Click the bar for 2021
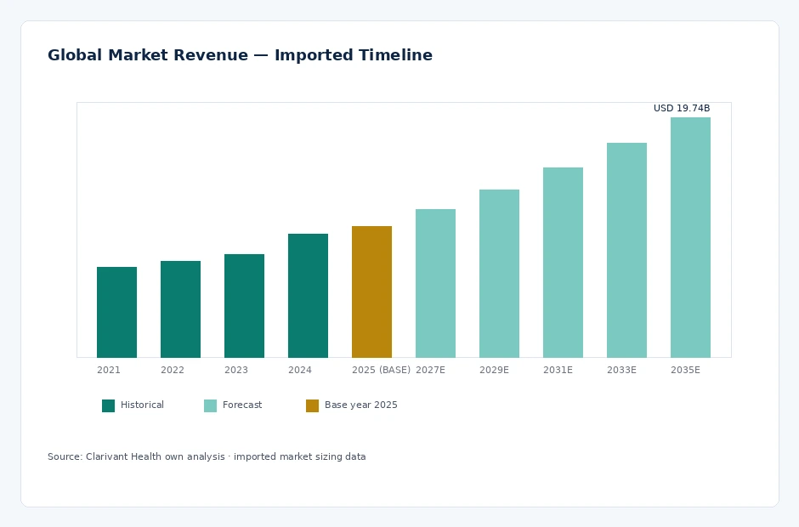(x=116, y=312)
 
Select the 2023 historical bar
(x=244, y=306)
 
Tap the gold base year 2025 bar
(x=372, y=292)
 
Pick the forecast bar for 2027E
(x=436, y=283)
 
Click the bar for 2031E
(x=563, y=263)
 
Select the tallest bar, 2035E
(x=690, y=237)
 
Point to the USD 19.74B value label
(x=682, y=108)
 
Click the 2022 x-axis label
(x=173, y=370)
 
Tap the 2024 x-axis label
(x=299, y=370)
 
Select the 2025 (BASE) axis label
(x=381, y=370)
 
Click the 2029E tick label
(x=495, y=370)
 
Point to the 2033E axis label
(x=621, y=370)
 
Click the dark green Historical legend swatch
(x=109, y=405)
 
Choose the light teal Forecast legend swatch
(x=211, y=405)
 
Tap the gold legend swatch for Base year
(x=312, y=405)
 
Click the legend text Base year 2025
(x=360, y=405)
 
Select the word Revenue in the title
(x=211, y=55)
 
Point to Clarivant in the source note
(x=107, y=456)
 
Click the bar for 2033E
(x=626, y=250)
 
